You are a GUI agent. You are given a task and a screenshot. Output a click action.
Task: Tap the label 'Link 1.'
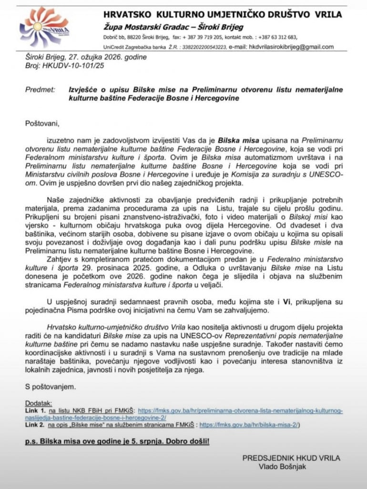pyautogui.click(x=36, y=411)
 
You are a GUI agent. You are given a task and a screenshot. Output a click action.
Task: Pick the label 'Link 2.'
pyautogui.click(x=36, y=425)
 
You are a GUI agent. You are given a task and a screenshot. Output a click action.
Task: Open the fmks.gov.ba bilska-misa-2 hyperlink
pyautogui.click(x=250, y=425)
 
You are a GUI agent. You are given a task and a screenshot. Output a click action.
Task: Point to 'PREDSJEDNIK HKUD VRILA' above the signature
pyautogui.click(x=291, y=458)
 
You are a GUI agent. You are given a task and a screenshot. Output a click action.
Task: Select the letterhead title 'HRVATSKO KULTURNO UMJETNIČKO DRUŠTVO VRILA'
pyautogui.click(x=223, y=14)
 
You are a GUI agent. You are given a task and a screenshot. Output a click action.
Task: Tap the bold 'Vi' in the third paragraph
pyautogui.click(x=287, y=302)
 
